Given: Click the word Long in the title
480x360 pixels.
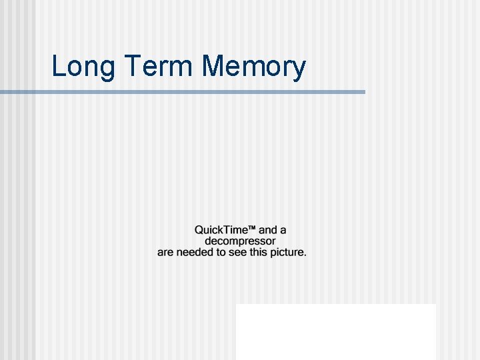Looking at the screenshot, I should click(x=79, y=67).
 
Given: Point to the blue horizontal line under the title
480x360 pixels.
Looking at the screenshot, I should click(x=183, y=92).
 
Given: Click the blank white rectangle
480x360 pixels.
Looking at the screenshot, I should click(x=335, y=331).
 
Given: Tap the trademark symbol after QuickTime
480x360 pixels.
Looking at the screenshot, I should click(x=253, y=228).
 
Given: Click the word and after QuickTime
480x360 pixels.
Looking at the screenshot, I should click(x=267, y=230).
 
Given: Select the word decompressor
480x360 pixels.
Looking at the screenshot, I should click(x=239, y=241).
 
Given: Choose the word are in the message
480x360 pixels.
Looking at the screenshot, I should click(x=165, y=253).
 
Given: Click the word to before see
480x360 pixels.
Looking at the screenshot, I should click(x=221, y=253).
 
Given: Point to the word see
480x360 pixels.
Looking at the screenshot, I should click(x=237, y=253).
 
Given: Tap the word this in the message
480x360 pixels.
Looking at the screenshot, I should click(x=259, y=253).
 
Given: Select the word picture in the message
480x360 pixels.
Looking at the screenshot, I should click(x=287, y=253).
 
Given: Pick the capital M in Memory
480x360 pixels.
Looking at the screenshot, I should click(x=211, y=66).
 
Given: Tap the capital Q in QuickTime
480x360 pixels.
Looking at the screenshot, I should click(x=199, y=230).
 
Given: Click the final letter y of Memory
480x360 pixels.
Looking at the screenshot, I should click(x=299, y=69).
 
